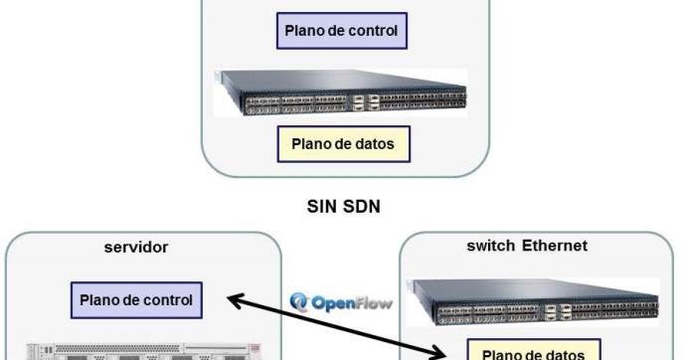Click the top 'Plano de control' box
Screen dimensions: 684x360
click(x=341, y=31)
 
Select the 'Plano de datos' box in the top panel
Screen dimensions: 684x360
click(x=342, y=144)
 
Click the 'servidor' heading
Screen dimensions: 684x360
click(x=136, y=246)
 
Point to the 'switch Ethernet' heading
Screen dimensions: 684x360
click(x=526, y=246)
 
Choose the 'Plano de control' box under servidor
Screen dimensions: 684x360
click(x=136, y=297)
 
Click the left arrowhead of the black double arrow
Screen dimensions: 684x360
click(x=231, y=297)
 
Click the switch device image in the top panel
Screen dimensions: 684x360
click(x=342, y=92)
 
